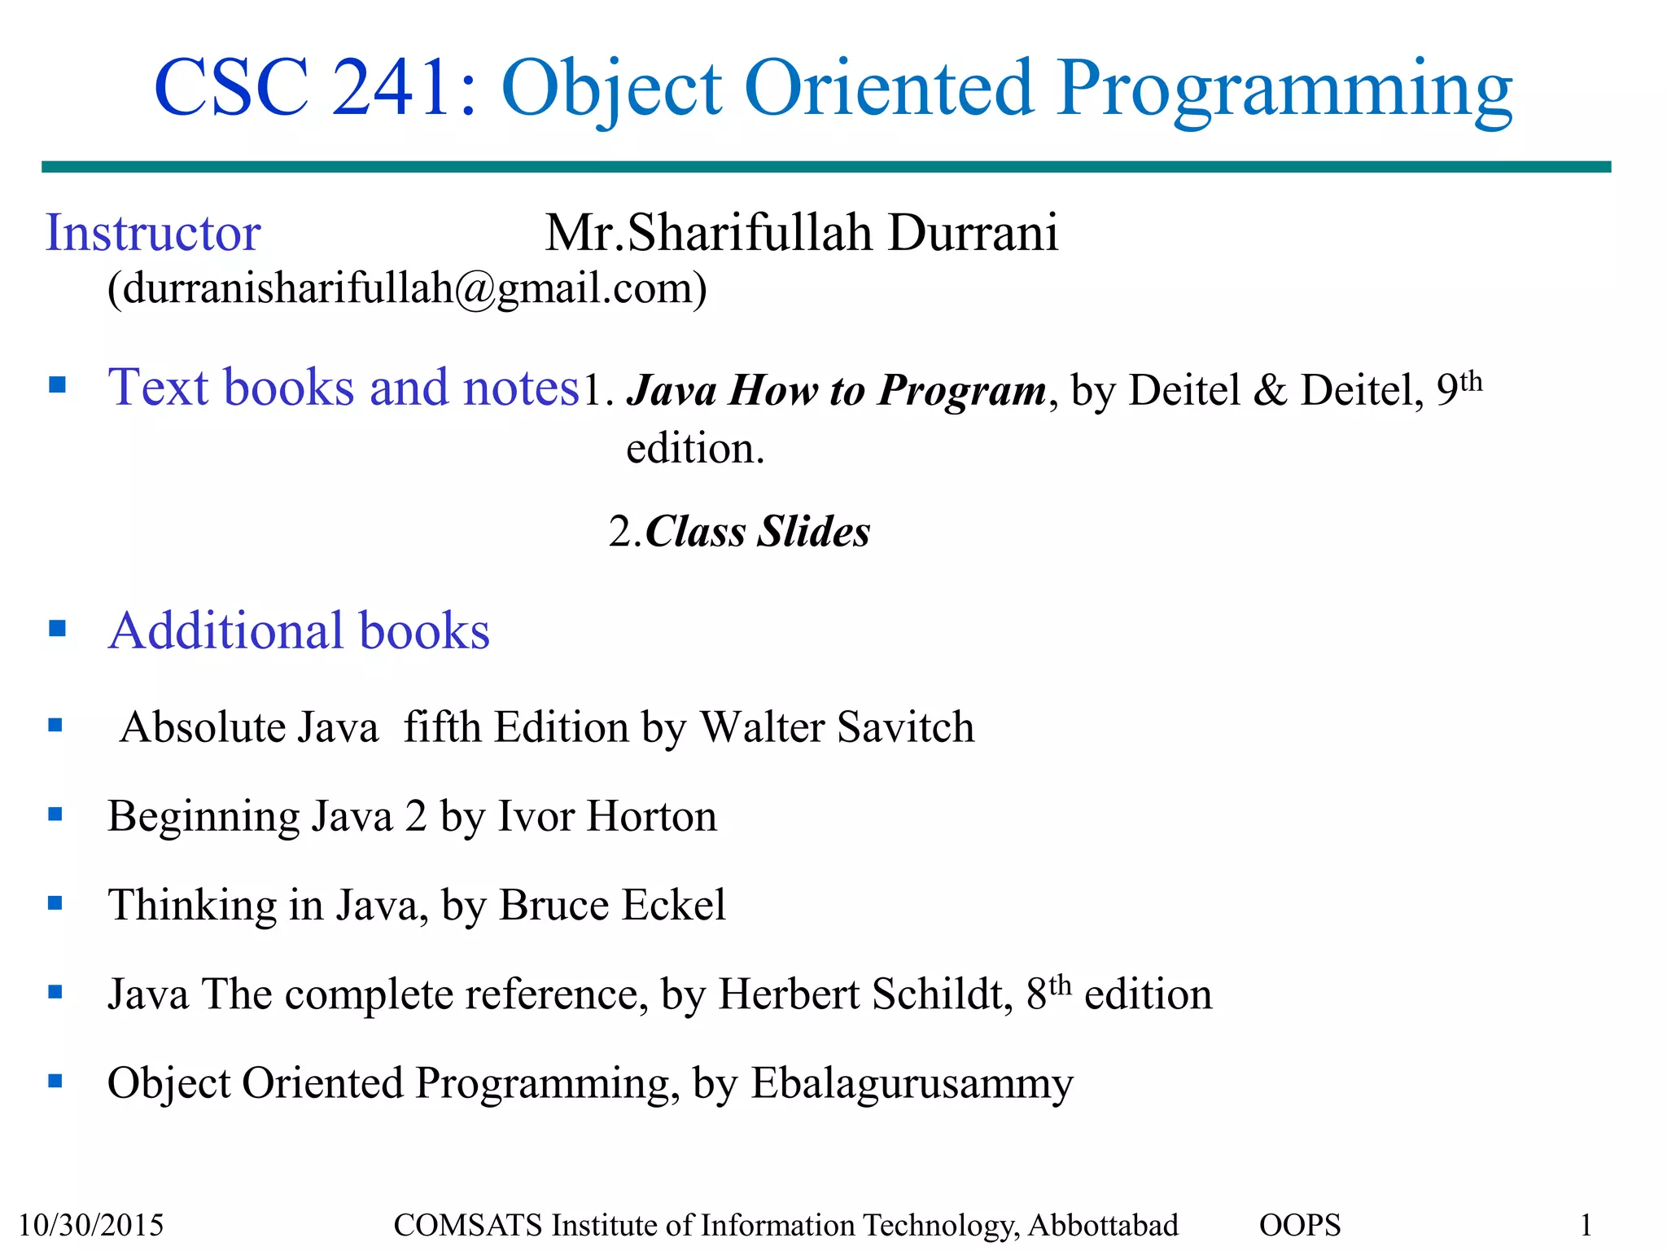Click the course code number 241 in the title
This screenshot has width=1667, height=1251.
(x=391, y=88)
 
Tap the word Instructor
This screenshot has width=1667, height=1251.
(x=153, y=233)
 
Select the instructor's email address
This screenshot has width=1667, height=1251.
(x=407, y=288)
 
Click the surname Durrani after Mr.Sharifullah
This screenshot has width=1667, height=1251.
(x=973, y=233)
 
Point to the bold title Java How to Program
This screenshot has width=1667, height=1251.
(x=836, y=390)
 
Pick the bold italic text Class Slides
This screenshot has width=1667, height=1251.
(x=757, y=532)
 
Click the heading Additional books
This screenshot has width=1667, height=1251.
(x=299, y=631)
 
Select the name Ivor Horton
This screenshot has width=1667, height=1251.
(x=607, y=816)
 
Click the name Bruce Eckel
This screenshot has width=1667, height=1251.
(x=612, y=905)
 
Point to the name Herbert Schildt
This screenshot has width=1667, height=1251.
(x=865, y=994)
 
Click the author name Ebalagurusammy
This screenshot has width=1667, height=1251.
(x=912, y=1083)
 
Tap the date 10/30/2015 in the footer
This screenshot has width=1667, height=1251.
(x=91, y=1225)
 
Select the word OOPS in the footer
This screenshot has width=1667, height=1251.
(x=1300, y=1225)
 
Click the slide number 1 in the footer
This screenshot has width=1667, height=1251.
(x=1586, y=1225)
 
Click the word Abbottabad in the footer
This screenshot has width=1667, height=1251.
(x=1103, y=1225)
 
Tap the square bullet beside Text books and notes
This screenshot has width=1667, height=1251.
(x=57, y=384)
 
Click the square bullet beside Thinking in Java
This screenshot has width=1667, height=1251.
(x=55, y=902)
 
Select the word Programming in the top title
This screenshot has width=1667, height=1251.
(x=1284, y=88)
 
